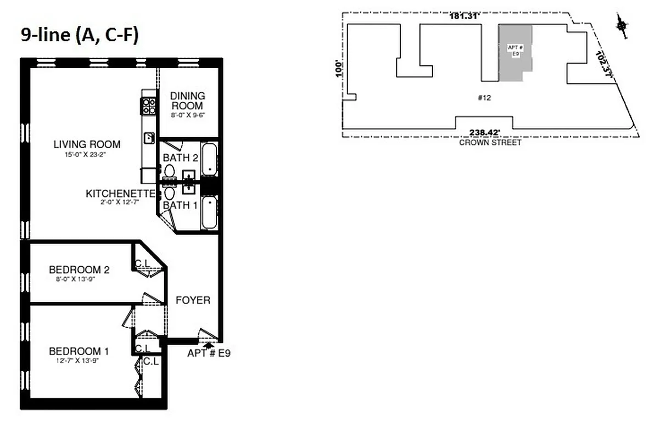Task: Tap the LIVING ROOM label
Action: click(87, 145)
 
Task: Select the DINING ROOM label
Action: click(187, 100)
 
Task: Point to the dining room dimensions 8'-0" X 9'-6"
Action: click(187, 115)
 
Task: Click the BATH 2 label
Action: click(181, 158)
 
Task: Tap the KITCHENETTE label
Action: click(120, 194)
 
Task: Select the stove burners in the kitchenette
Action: click(149, 106)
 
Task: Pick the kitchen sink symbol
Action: click(149, 137)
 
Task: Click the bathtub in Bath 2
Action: click(209, 159)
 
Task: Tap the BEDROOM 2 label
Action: click(79, 270)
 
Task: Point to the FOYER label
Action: click(193, 300)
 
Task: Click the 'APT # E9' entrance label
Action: click(209, 353)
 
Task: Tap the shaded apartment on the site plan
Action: click(514, 52)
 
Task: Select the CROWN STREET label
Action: click(490, 143)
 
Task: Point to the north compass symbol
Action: click(621, 26)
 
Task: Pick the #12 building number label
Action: click(484, 98)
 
